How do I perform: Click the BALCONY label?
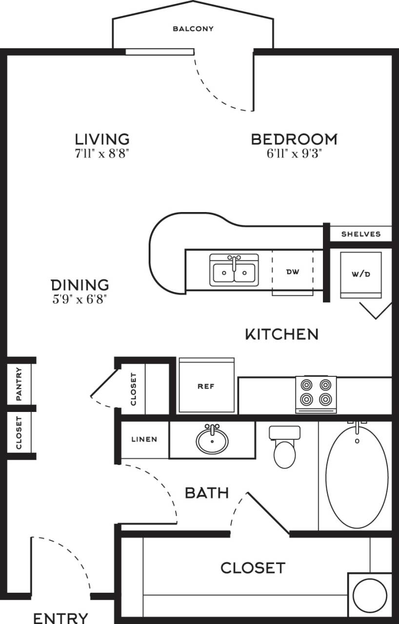click(193, 29)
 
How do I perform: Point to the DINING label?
click(80, 285)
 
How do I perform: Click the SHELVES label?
click(361, 234)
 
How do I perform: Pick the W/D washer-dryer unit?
click(360, 274)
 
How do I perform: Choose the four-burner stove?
click(316, 393)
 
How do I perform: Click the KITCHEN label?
click(281, 334)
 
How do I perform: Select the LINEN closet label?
click(144, 439)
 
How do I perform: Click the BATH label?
click(207, 493)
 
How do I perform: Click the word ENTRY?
click(61, 618)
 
